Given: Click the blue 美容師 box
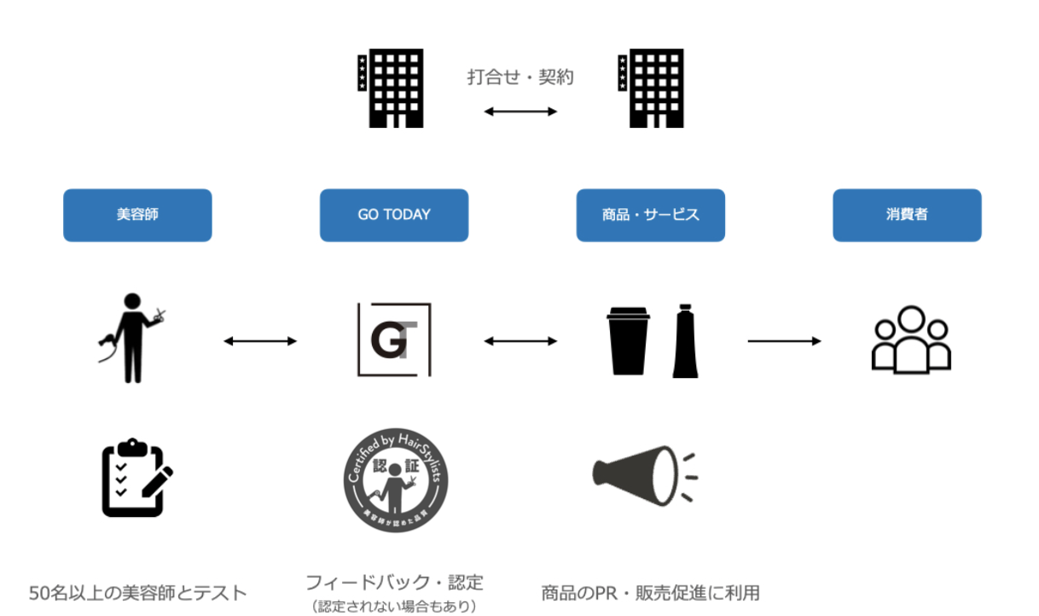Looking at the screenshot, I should (x=137, y=215).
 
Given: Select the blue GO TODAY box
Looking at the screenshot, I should (x=394, y=215).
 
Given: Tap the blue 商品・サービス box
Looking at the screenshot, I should (x=651, y=215).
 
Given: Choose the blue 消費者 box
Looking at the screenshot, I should (x=907, y=215).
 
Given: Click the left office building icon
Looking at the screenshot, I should (x=391, y=88).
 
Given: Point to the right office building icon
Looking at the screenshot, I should (x=651, y=88).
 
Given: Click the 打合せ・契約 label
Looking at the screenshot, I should (x=520, y=77).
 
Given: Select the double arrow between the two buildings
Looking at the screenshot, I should (x=520, y=111).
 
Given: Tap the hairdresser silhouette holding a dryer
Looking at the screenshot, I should (x=130, y=338).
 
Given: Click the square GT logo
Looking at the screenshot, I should (x=394, y=339).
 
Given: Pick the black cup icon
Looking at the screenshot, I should (x=629, y=340).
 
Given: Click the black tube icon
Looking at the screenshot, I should (x=685, y=340).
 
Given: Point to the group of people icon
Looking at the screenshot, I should (x=911, y=339).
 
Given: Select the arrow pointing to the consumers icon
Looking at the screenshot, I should (x=784, y=341).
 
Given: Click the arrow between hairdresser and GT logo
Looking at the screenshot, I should (x=260, y=341).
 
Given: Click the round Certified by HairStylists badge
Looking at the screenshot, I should (x=394, y=479).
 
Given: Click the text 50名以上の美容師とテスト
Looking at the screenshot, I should (x=137, y=592).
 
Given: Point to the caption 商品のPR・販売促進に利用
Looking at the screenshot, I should (x=650, y=592).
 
